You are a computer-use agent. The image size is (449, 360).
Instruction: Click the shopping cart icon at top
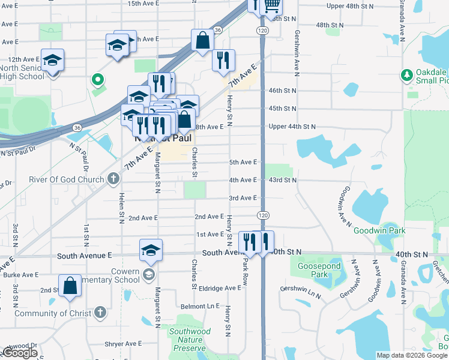(272, 5)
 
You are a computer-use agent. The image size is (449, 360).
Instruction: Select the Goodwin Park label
(379, 230)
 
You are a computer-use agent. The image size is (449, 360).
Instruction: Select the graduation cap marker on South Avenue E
(151, 251)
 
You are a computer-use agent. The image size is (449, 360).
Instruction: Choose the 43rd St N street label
(282, 180)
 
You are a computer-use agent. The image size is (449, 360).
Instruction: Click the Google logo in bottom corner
(19, 353)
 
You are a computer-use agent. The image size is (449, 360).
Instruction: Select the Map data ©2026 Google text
(412, 356)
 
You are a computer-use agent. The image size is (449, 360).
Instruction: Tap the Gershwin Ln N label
(300, 289)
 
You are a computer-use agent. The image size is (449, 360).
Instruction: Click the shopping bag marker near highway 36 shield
(203, 40)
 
